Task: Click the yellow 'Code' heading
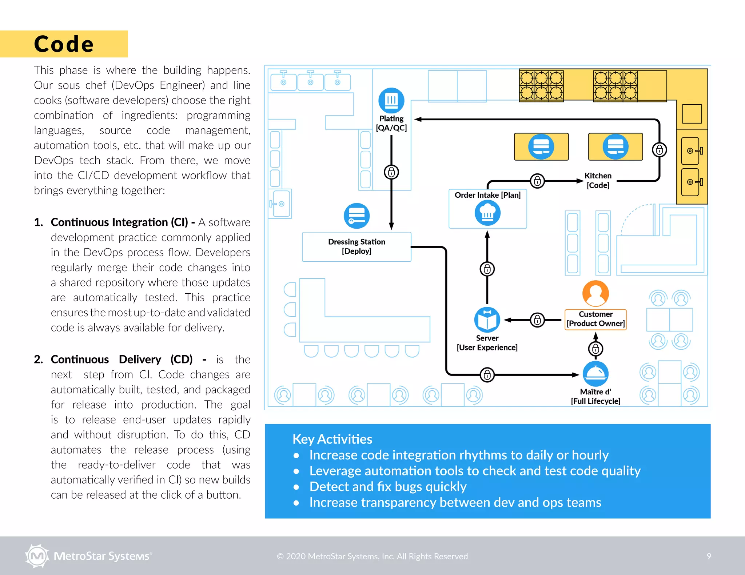[x=64, y=44]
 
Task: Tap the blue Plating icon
[x=391, y=100]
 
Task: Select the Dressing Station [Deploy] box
[x=356, y=246]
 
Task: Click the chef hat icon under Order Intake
[x=487, y=213]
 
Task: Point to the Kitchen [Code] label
[x=598, y=180]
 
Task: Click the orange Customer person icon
[x=595, y=293]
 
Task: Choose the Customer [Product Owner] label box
[x=595, y=319]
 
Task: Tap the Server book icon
[x=487, y=320]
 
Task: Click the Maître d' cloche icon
[x=595, y=374]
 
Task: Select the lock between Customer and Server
[x=537, y=320]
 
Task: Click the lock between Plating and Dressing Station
[x=391, y=172]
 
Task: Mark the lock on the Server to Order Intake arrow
[x=487, y=269]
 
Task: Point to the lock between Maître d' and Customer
[x=595, y=349]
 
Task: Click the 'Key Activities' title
[x=332, y=439]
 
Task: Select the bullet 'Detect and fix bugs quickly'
[x=388, y=486]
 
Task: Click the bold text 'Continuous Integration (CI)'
[x=119, y=222]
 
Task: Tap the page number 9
[x=709, y=556]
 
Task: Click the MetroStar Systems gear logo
[x=37, y=556]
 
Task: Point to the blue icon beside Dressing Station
[x=356, y=216]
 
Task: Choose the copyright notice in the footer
[x=372, y=556]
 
